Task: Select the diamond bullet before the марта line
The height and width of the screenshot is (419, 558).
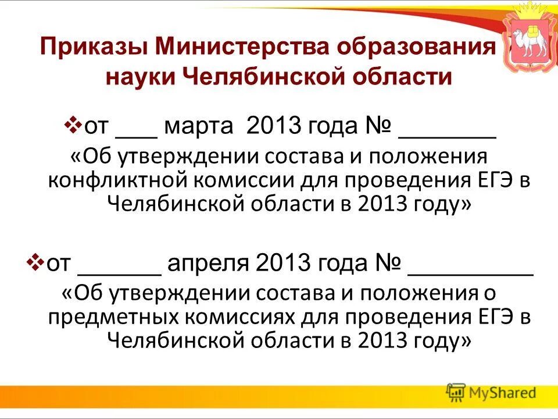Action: pos(74,125)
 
